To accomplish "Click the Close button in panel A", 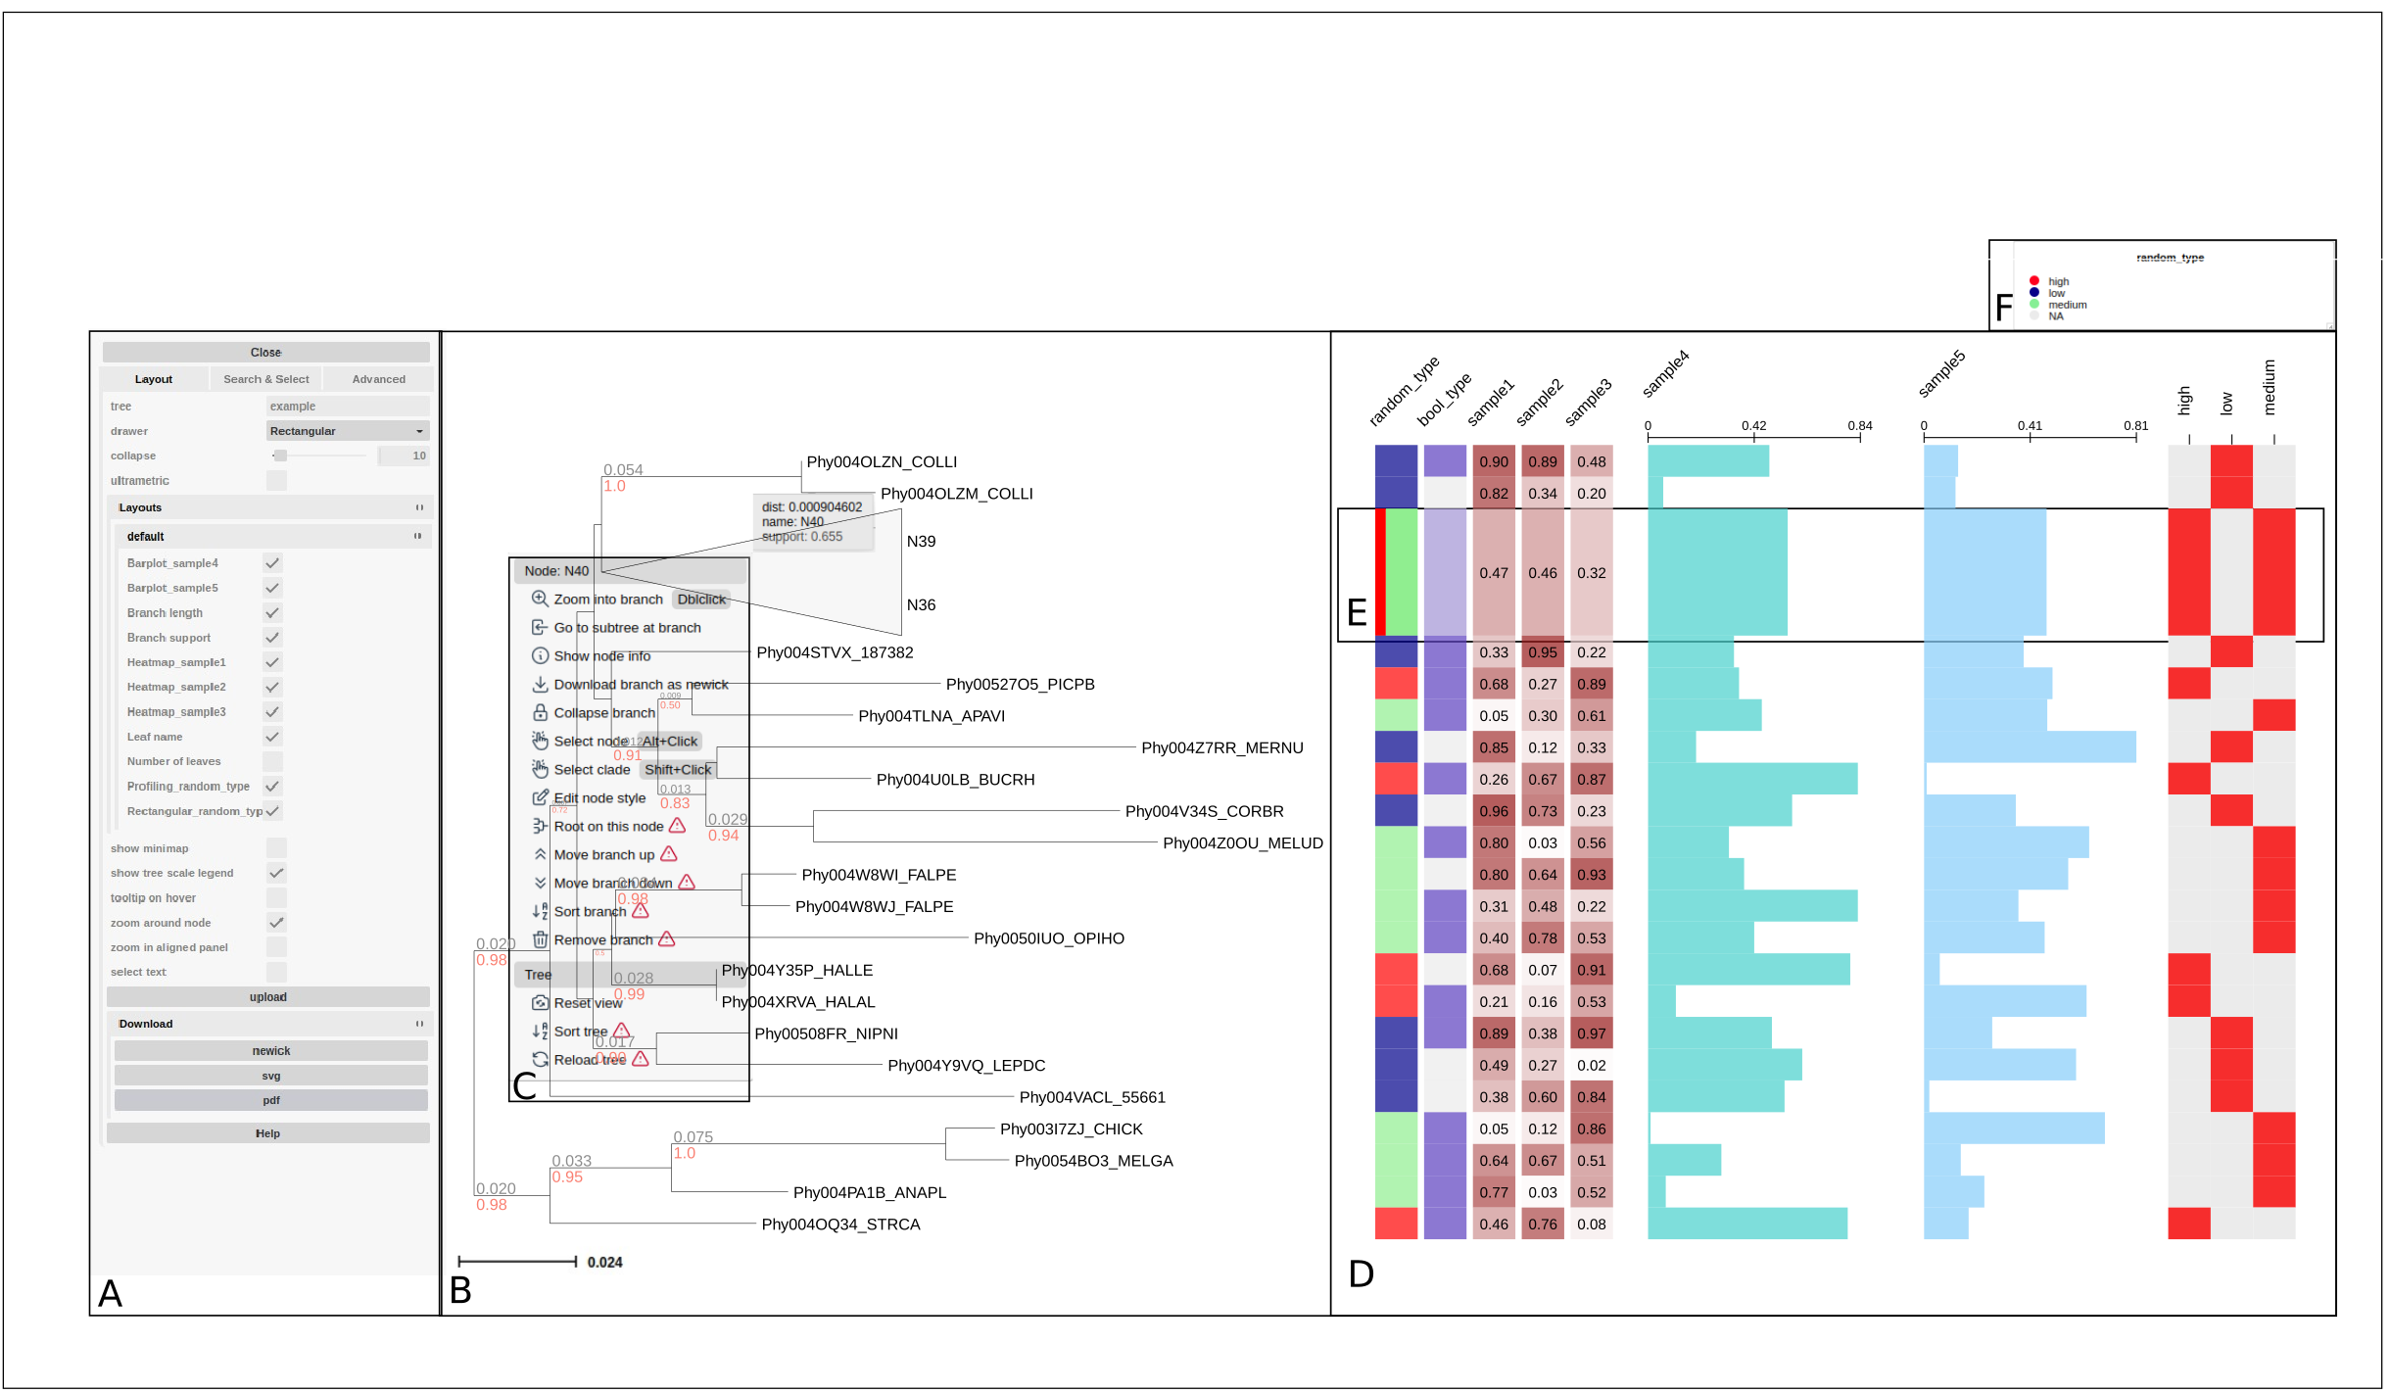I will pos(265,353).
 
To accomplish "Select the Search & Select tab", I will pos(265,379).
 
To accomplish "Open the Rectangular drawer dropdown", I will pos(347,431).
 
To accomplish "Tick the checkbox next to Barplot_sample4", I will pos(272,563).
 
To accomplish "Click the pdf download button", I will pos(270,1100).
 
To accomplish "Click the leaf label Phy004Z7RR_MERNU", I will pos(1221,748).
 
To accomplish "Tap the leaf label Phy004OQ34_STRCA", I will pos(840,1225).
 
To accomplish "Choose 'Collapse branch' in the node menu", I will pos(603,713).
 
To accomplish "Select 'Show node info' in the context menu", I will pos(601,656).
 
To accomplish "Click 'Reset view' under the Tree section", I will pos(588,1003).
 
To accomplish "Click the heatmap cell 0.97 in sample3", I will pos(1591,1034).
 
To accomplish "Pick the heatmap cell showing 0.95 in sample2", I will pos(1542,652).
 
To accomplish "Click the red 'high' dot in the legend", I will pos(2034,281).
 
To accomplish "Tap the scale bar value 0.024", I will pos(604,1263).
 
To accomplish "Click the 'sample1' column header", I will pos(1491,402).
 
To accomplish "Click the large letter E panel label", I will pos(1357,613).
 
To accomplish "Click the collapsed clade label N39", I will pos(921,542).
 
